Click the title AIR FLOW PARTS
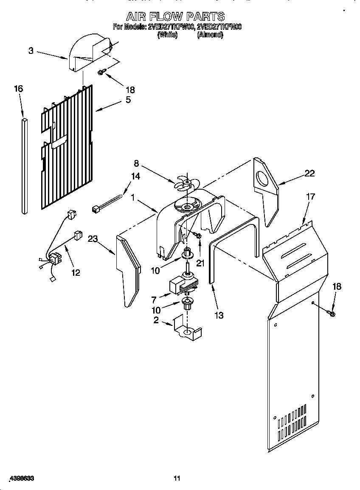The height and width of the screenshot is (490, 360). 175,17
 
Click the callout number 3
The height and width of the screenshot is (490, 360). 31,50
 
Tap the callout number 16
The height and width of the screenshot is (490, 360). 18,89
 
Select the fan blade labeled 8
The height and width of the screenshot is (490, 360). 184,182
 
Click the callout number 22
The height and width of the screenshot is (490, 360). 310,173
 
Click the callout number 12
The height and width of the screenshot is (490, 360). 75,272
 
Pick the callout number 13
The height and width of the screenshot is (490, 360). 219,315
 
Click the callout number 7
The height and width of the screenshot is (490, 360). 154,300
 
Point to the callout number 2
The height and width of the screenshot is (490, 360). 156,320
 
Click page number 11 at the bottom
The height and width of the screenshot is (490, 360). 177,478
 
